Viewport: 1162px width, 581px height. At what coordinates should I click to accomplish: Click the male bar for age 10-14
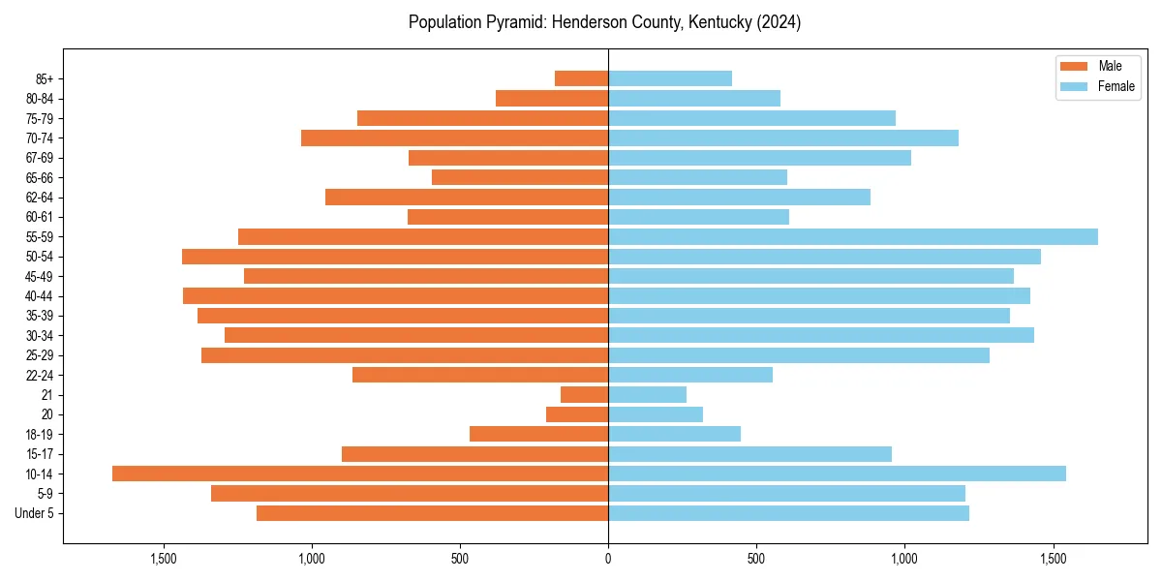pyautogui.click(x=360, y=474)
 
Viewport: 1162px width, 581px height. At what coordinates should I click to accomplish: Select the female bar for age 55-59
pyautogui.click(x=853, y=236)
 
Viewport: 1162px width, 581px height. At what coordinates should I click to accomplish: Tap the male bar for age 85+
pyautogui.click(x=581, y=78)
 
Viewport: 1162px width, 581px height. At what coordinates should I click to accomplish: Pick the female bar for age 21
pyautogui.click(x=647, y=394)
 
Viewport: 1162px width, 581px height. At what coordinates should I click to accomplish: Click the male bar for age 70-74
pyautogui.click(x=454, y=138)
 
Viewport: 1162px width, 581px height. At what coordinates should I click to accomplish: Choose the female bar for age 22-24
pyautogui.click(x=690, y=375)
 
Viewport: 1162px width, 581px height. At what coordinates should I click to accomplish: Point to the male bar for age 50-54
pyautogui.click(x=395, y=257)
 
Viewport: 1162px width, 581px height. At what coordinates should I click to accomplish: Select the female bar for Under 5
pyautogui.click(x=788, y=513)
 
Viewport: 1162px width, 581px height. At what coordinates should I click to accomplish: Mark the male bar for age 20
pyautogui.click(x=577, y=414)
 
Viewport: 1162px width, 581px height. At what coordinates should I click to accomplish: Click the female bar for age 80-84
pyautogui.click(x=694, y=98)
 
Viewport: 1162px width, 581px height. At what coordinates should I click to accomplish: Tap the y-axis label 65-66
pyautogui.click(x=40, y=177)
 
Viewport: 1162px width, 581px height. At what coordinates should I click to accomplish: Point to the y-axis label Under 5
pyautogui.click(x=35, y=513)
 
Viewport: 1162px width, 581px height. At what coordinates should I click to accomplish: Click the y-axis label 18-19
pyautogui.click(x=40, y=434)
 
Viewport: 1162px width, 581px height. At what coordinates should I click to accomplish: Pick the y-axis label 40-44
pyautogui.click(x=40, y=296)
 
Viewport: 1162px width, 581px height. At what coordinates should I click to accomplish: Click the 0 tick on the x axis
pyautogui.click(x=608, y=559)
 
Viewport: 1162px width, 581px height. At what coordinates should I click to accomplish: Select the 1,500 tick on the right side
pyautogui.click(x=1053, y=559)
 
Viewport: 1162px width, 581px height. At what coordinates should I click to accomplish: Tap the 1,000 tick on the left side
pyautogui.click(x=312, y=559)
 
